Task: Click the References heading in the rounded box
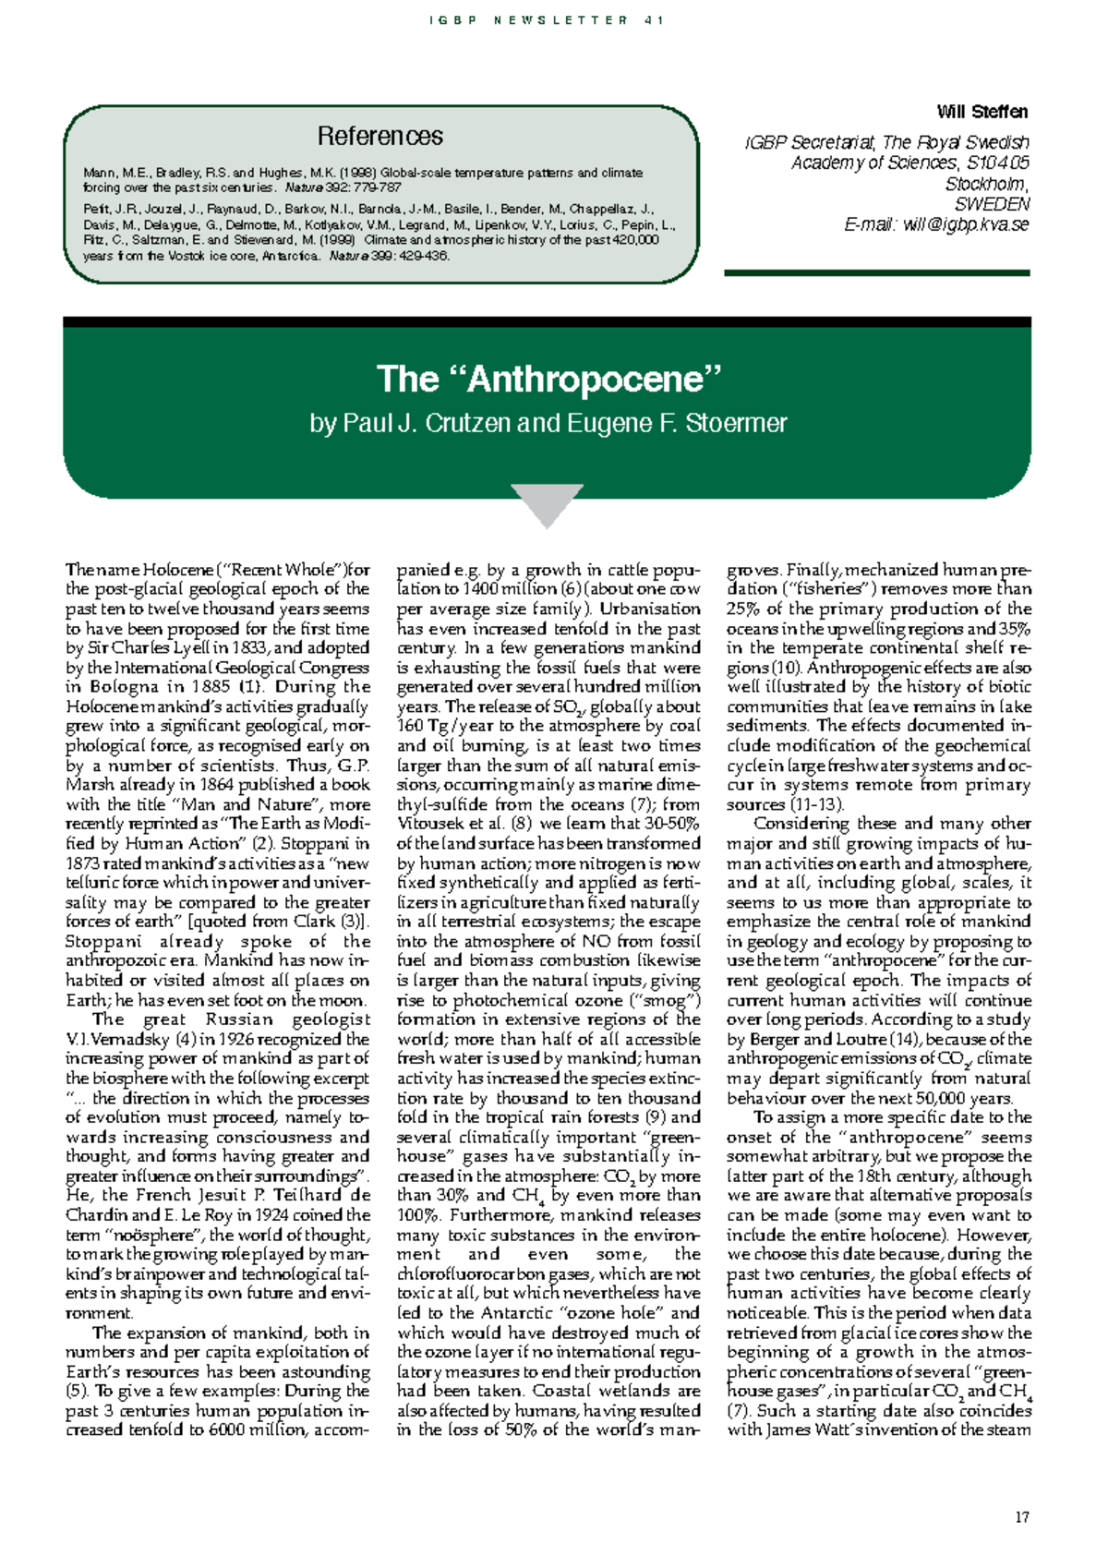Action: [379, 137]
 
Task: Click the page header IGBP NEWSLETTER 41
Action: [547, 20]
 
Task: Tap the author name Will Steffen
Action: [982, 112]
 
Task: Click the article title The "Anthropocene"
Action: [548, 379]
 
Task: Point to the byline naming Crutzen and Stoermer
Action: [548, 423]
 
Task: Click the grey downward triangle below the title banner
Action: [547, 503]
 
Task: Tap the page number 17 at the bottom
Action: [1021, 1517]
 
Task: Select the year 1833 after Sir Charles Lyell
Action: [248, 648]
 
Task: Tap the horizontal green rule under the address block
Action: [876, 272]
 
